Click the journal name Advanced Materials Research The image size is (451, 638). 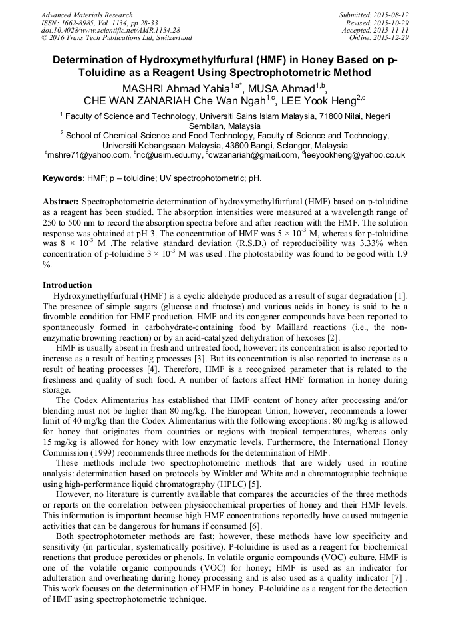tap(86, 15)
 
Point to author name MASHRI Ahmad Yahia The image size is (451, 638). tap(176, 89)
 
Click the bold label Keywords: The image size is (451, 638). tap(63, 179)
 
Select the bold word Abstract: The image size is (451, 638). tap(61, 201)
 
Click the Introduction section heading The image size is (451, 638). tap(67, 285)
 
